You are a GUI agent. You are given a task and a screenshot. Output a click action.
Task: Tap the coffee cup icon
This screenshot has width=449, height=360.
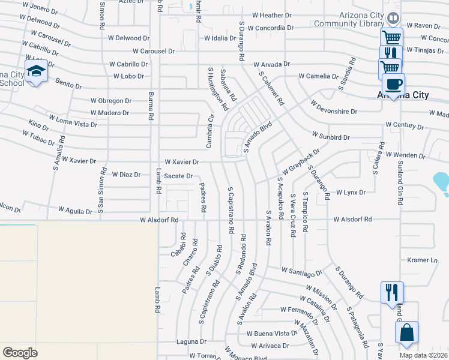coord(393,84)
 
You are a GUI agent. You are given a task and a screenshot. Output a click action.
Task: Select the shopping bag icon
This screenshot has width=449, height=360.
coord(406,332)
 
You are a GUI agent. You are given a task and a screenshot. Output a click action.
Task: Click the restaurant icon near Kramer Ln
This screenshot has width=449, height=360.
coord(392,292)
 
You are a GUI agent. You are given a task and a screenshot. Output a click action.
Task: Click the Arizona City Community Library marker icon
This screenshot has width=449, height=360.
coord(393,19)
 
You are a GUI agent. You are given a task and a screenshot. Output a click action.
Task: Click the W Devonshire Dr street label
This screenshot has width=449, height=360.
coord(334,112)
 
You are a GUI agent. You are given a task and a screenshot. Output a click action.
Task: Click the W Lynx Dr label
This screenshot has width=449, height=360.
coord(351,193)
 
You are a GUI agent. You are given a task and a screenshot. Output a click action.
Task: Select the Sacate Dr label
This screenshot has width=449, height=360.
coord(178,176)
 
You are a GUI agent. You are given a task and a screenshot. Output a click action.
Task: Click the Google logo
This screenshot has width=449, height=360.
coord(20,352)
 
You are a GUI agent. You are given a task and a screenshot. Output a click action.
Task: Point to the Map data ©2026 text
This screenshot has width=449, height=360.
coord(423,355)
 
